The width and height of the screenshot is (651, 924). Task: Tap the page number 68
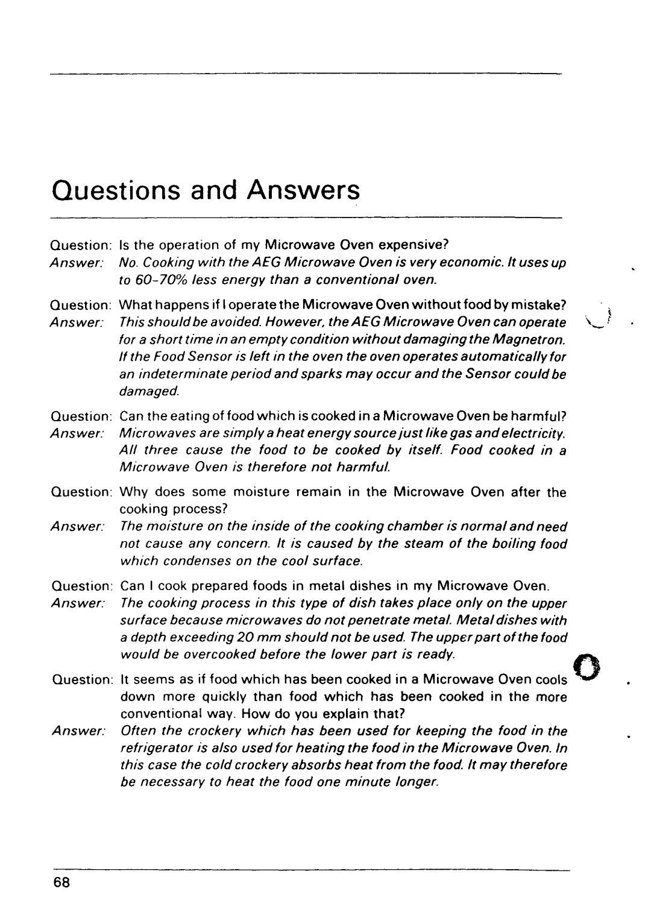61,881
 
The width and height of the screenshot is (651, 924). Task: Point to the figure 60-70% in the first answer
154,280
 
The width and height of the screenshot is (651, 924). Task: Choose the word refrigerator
155,748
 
